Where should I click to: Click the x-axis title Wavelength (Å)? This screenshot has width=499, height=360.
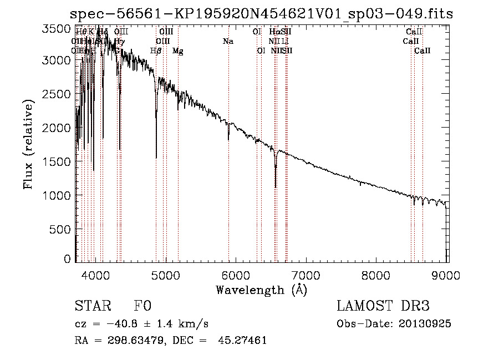[x=261, y=289]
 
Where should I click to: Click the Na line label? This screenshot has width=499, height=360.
[x=228, y=41]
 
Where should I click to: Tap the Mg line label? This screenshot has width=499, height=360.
[x=178, y=51]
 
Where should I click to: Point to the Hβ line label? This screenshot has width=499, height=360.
[x=156, y=51]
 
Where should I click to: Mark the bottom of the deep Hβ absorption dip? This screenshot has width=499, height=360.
[x=156, y=158]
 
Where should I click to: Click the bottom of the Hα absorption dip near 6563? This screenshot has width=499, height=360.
[x=276, y=187]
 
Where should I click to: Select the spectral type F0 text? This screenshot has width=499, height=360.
[x=142, y=306]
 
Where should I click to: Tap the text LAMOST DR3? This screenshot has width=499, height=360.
[x=383, y=306]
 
